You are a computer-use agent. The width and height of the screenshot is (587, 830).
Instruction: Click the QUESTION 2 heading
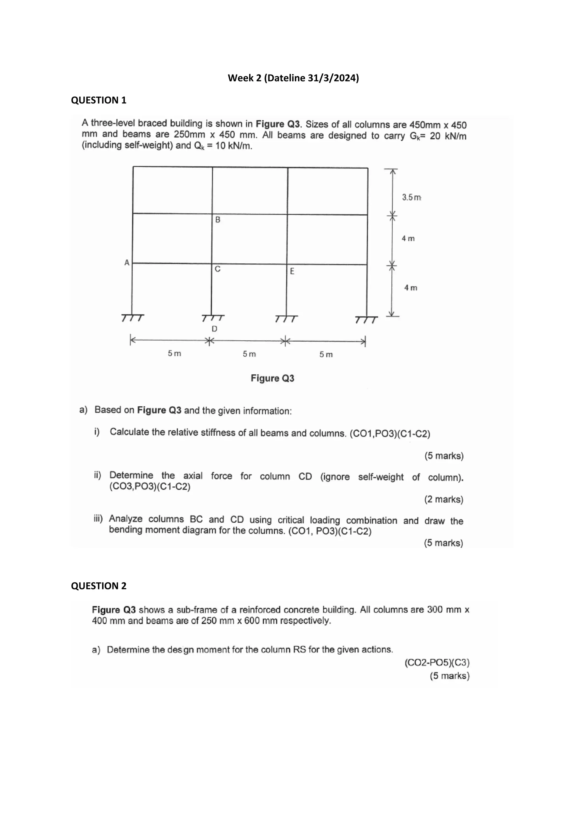(99, 586)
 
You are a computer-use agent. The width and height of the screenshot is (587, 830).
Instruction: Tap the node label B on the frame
(218, 220)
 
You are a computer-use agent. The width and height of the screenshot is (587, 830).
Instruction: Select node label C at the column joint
(218, 269)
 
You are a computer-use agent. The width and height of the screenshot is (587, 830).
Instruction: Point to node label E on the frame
(292, 271)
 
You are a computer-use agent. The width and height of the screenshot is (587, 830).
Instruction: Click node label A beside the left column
(127, 263)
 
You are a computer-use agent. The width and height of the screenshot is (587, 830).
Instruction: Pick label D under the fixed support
(214, 329)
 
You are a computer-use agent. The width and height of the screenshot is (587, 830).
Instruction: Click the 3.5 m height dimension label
(412, 197)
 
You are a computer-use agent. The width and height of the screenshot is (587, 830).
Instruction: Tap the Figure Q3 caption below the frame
(273, 379)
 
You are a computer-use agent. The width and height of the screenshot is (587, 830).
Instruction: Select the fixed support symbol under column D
(213, 318)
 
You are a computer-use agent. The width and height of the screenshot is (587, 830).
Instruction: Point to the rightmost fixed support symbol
(366, 320)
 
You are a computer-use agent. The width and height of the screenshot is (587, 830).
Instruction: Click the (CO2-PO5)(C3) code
(437, 663)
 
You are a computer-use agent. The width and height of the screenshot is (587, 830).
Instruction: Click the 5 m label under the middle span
(249, 354)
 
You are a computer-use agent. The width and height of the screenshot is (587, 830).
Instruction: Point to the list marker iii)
(98, 519)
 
